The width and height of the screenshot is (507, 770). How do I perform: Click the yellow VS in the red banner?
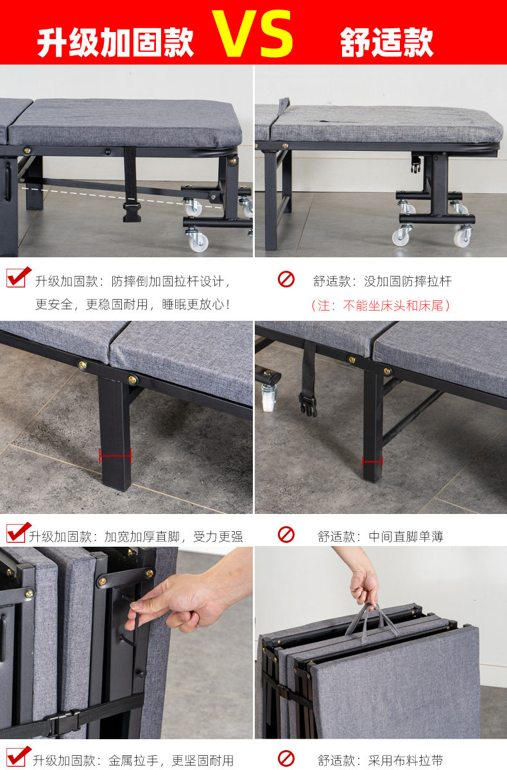(x=253, y=33)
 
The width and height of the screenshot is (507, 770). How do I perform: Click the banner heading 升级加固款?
(x=116, y=42)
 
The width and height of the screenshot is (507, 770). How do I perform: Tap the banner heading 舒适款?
(x=387, y=42)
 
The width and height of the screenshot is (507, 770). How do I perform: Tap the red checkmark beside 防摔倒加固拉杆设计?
(x=18, y=277)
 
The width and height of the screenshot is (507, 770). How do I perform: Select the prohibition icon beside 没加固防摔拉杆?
(x=286, y=279)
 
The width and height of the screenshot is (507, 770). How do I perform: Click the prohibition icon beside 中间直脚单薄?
(x=286, y=535)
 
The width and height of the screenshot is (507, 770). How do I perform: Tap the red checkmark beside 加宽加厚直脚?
(x=18, y=533)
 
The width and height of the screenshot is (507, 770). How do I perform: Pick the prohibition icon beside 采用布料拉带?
(x=286, y=758)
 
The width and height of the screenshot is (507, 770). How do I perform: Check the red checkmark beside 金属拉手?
(x=18, y=757)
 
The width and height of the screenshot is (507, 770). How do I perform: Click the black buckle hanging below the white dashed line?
(x=132, y=212)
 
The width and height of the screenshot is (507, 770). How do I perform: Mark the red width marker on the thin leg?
(x=372, y=461)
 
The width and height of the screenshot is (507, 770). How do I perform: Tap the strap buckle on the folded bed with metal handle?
(x=64, y=723)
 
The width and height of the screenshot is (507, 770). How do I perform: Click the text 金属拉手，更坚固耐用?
(x=171, y=761)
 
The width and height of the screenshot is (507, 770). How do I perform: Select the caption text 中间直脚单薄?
(x=406, y=536)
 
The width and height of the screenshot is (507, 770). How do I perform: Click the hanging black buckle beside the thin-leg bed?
(x=308, y=405)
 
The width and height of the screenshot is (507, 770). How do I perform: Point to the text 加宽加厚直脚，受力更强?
(x=173, y=536)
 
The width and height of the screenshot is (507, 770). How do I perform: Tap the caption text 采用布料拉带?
(x=406, y=761)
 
